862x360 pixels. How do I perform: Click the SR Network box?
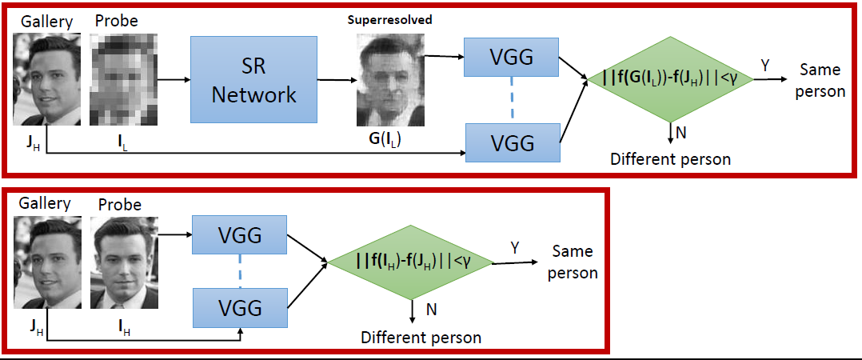[x=254, y=82]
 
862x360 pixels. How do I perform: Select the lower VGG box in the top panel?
[x=512, y=143]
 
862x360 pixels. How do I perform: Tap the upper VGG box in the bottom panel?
[x=241, y=236]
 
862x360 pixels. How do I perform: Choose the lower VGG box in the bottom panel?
[x=241, y=309]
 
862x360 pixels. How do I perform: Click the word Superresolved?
[x=390, y=20]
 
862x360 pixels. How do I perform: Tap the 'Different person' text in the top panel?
[x=670, y=158]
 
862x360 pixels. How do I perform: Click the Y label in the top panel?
[x=764, y=66]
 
